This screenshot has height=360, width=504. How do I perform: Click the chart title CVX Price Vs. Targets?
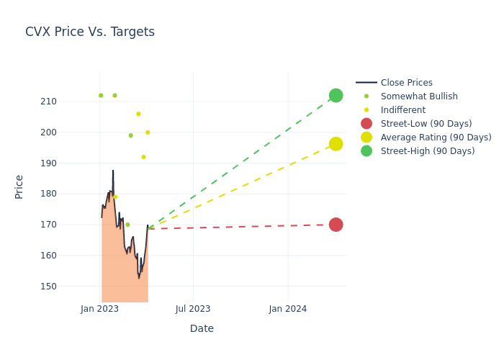coord(90,32)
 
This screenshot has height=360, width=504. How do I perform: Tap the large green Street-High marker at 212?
coord(336,96)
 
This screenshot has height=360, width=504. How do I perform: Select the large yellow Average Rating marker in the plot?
coord(336,144)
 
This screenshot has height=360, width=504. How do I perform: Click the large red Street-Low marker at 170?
coord(336,225)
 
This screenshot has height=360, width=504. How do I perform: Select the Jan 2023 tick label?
coord(99,309)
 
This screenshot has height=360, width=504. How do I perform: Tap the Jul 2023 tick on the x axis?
coord(193,309)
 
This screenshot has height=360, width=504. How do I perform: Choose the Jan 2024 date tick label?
coord(288,309)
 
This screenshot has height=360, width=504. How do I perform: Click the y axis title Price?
coord(19,186)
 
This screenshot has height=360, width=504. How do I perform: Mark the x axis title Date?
coord(202,328)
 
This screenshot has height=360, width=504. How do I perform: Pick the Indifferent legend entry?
coord(402,110)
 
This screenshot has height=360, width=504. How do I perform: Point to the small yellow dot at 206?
coord(138,114)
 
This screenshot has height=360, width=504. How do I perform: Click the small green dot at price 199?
coord(130,135)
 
